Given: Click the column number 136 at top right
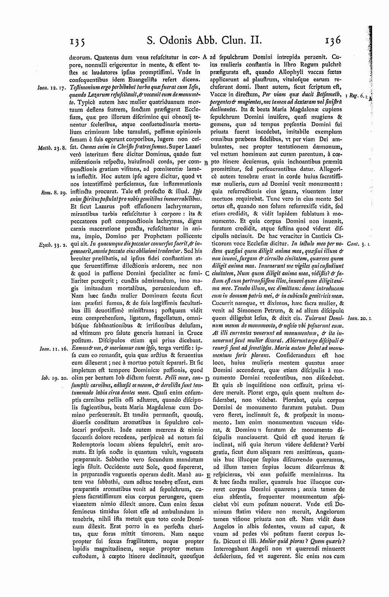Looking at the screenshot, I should (334, 40).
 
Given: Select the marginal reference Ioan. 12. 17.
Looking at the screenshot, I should (52, 88).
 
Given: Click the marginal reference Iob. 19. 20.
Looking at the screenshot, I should (53, 379).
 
